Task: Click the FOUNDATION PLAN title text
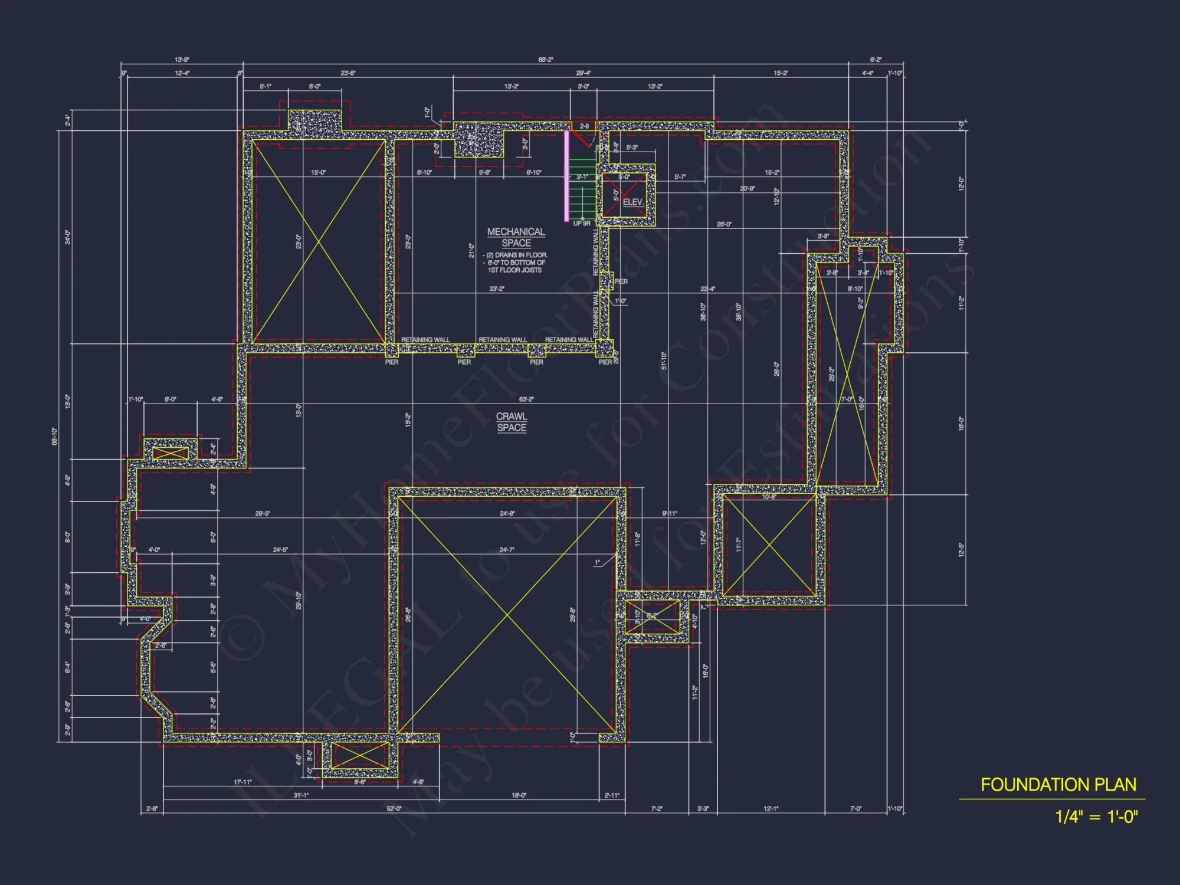[x=1058, y=785]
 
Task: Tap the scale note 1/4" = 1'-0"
[x=1096, y=817]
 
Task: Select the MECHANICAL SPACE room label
[x=516, y=237]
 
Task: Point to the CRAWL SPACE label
[x=512, y=422]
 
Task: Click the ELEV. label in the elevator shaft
[x=632, y=202]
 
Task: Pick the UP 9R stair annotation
[x=582, y=224]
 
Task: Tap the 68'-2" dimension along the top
[x=546, y=60]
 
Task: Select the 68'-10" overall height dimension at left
[x=55, y=436]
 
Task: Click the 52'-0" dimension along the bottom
[x=394, y=808]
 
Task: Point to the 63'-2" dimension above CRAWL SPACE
[x=526, y=399]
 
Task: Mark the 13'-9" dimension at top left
[x=182, y=60]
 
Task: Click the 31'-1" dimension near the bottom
[x=301, y=795]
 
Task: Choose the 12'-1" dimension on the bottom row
[x=771, y=808]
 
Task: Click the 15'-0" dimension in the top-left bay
[x=318, y=173]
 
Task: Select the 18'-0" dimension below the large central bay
[x=519, y=795]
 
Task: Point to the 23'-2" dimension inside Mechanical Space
[x=497, y=289]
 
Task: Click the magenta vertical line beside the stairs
[x=567, y=176]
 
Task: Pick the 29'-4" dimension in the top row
[x=583, y=73]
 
